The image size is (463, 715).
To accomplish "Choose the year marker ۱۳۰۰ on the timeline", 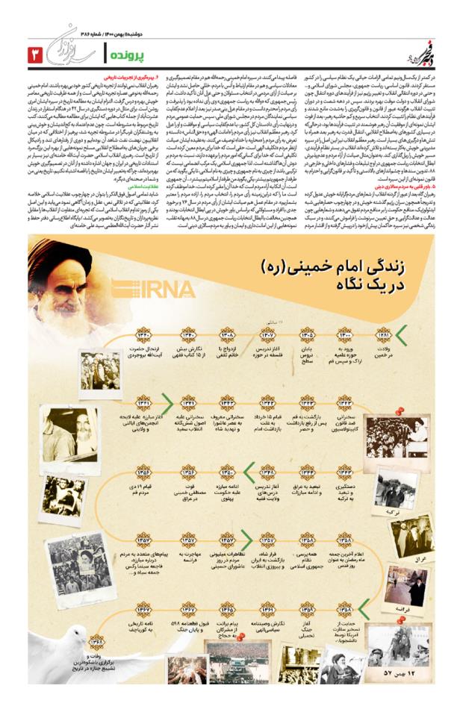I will coord(345,335).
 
